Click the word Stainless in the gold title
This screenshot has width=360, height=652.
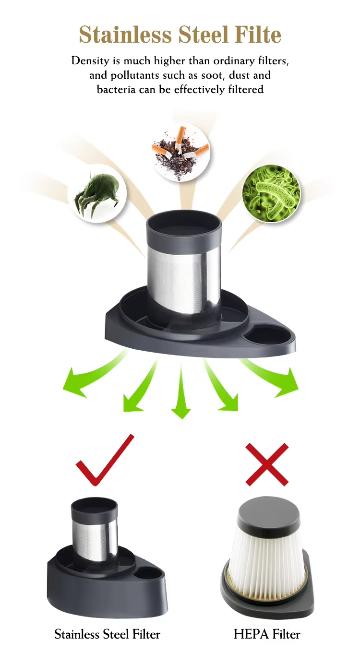pyautogui.click(x=125, y=35)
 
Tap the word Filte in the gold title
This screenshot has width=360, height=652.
pyautogui.click(x=258, y=35)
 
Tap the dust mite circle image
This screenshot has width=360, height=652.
pyautogui.click(x=97, y=193)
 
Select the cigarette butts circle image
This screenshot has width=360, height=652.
pyautogui.click(x=180, y=152)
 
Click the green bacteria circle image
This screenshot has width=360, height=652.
pyautogui.click(x=271, y=193)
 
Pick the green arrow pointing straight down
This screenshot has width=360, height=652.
pyautogui.click(x=181, y=390)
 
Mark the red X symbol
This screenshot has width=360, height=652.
pyautogui.click(x=267, y=464)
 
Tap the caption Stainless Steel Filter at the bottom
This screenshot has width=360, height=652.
pyautogui.click(x=108, y=634)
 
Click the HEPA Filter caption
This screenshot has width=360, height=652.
pyautogui.click(x=267, y=634)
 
